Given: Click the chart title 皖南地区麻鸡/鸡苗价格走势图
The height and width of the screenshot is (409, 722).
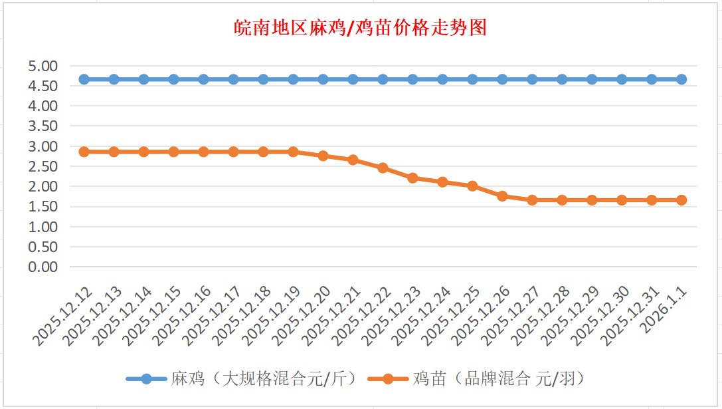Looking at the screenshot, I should [x=361, y=28].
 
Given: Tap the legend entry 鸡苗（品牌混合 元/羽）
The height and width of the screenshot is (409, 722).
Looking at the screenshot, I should [x=498, y=378].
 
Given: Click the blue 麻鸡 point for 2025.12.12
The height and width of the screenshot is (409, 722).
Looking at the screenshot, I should [x=84, y=79].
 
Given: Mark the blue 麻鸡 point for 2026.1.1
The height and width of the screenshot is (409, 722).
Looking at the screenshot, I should [x=681, y=79].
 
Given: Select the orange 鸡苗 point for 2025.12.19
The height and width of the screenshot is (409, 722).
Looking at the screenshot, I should [x=294, y=152].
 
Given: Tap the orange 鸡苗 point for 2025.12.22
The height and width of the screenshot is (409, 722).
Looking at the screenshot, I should [x=383, y=168].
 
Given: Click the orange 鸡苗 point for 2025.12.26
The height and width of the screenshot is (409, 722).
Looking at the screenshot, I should [x=502, y=196].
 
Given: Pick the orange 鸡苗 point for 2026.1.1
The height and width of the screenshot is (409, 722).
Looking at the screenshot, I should [x=681, y=200].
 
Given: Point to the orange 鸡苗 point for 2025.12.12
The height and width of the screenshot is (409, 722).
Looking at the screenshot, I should [x=84, y=152].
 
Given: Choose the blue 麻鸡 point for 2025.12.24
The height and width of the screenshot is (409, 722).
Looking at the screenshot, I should [x=442, y=79].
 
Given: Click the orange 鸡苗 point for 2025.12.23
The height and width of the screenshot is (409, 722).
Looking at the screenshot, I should [x=412, y=178].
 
